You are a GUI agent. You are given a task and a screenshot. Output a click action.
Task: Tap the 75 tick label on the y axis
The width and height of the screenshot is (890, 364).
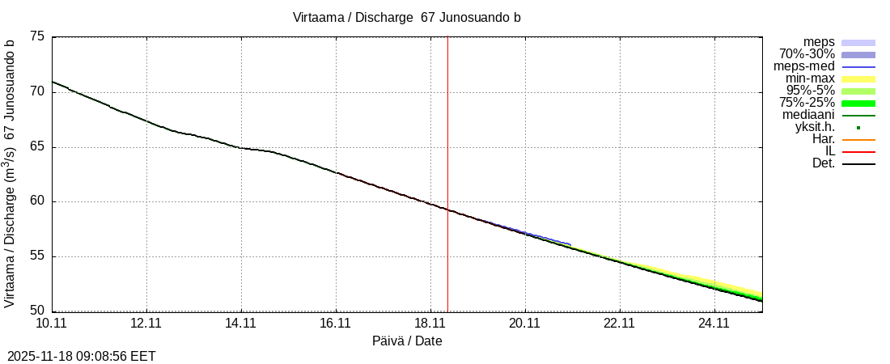[37, 36]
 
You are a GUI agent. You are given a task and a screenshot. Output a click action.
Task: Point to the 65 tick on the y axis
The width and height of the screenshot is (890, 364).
[37, 146]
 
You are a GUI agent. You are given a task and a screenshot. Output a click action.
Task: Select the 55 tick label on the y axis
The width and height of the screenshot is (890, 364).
[37, 256]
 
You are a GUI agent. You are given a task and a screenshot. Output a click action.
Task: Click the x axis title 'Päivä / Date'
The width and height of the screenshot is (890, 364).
[407, 341]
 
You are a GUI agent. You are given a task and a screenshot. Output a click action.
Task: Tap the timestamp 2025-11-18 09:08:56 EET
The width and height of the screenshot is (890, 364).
[82, 356]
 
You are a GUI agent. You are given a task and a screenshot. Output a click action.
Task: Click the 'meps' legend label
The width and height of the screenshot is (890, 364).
[819, 42]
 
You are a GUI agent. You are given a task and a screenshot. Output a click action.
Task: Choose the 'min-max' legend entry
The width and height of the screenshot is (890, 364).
[810, 78]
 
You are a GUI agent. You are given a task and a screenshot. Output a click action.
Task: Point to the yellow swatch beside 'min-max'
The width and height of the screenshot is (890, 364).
[858, 78]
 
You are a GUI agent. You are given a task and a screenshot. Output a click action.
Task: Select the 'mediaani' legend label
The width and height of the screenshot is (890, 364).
[807, 115]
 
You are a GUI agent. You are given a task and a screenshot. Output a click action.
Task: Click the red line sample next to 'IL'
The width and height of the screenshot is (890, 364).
[858, 151]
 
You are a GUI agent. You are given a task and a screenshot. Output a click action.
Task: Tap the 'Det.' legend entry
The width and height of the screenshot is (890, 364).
[823, 163]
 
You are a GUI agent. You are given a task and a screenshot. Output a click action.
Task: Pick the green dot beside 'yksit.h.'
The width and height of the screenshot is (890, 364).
[858, 127]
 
